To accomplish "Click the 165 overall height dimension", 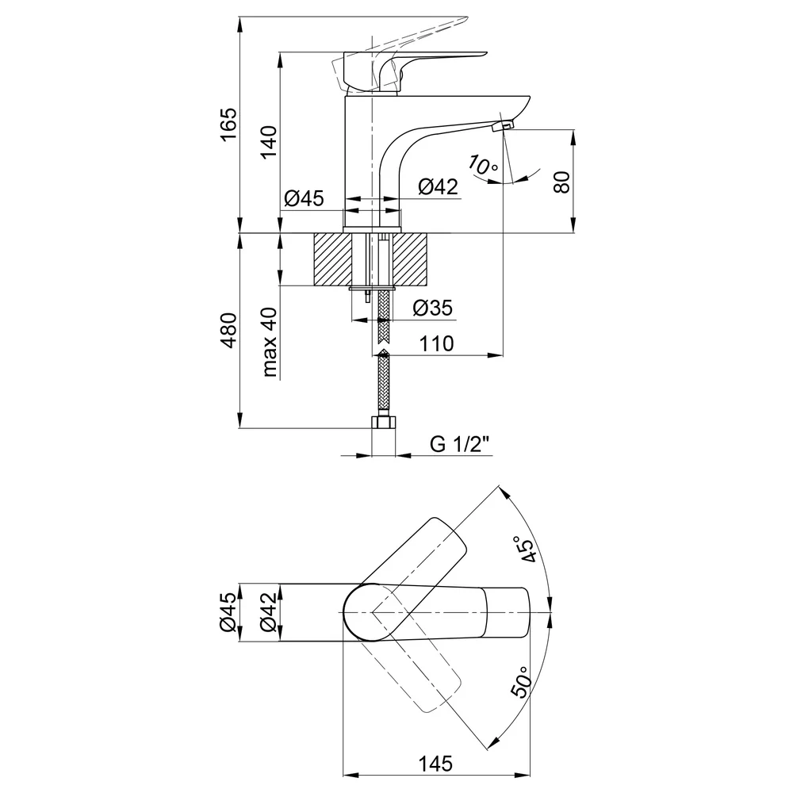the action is click(x=228, y=125).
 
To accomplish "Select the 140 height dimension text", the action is click(x=269, y=142).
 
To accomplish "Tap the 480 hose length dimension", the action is click(x=228, y=330).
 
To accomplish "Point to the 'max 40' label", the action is click(x=270, y=342).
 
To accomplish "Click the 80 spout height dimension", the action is click(x=562, y=182).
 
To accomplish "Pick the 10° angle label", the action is click(x=482, y=165).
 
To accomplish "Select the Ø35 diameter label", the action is click(x=432, y=308).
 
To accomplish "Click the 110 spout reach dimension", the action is click(x=437, y=344).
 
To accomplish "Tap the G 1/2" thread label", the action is click(x=460, y=444).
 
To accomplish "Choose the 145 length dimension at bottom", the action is click(x=436, y=763).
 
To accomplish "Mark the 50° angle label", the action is click(x=522, y=682).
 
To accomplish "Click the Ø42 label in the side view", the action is click(x=438, y=186).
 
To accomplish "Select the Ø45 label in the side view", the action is click(x=304, y=198).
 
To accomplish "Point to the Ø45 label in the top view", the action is click(x=228, y=612).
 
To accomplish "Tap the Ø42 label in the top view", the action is click(x=269, y=612).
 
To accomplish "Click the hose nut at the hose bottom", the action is click(x=384, y=423).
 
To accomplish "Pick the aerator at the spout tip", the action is click(x=504, y=125).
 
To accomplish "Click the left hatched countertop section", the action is click(x=333, y=259).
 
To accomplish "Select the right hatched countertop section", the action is click(x=411, y=259).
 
